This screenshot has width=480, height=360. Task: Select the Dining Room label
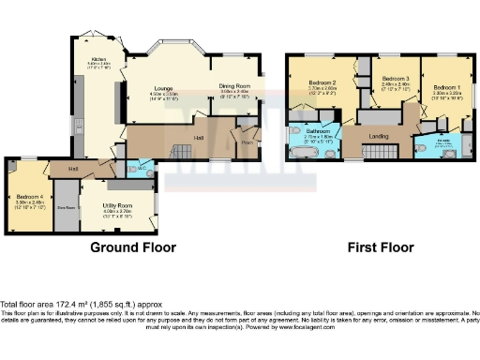pyautogui.click(x=234, y=86)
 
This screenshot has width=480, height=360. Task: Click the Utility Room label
pyautogui.click(x=118, y=204)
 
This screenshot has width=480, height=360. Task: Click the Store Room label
pyautogui.click(x=67, y=207)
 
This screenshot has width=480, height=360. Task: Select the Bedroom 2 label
pyautogui.click(x=322, y=82)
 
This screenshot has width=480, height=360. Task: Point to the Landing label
pyautogui.click(x=380, y=138)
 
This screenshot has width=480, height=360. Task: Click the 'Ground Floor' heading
pyautogui.click(x=133, y=247)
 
